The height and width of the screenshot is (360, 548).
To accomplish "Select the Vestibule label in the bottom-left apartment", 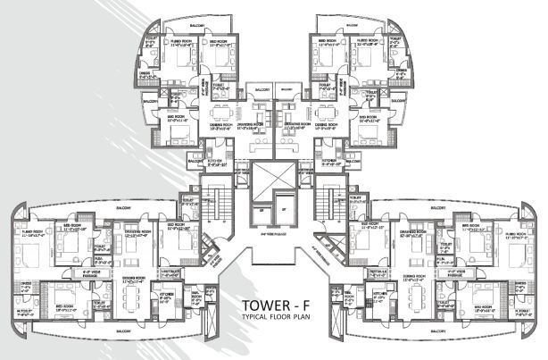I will pos(173,274).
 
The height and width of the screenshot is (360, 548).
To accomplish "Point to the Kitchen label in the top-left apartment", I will pos(220,163).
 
